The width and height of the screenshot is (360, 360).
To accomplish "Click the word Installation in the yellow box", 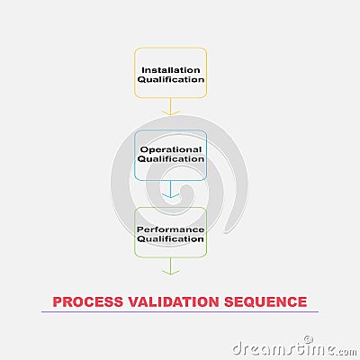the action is pyautogui.click(x=171, y=70).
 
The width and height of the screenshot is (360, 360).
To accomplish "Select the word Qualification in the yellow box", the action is pyautogui.click(x=171, y=79).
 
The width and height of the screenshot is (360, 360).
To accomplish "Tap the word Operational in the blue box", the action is pyautogui.click(x=171, y=149).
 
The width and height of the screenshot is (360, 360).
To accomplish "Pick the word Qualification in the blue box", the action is pyautogui.click(x=171, y=159).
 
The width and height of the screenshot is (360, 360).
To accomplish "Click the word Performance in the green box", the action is pyautogui.click(x=171, y=229).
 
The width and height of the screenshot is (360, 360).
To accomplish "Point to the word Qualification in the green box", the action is pyautogui.click(x=171, y=239).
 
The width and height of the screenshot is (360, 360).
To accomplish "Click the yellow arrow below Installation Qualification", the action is pyautogui.click(x=171, y=106).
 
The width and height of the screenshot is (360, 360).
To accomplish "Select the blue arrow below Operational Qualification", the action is pyautogui.click(x=171, y=189).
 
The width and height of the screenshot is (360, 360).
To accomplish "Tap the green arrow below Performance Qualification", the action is pyautogui.click(x=171, y=266).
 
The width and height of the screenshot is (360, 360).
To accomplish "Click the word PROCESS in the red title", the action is pyautogui.click(x=88, y=301).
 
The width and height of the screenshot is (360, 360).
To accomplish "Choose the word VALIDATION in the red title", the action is pyautogui.click(x=174, y=301).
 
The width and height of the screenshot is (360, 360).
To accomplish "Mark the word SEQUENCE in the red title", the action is pyautogui.click(x=265, y=302).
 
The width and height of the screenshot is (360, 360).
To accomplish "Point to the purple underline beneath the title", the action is pyautogui.click(x=180, y=312).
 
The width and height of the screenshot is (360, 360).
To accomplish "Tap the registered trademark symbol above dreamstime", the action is pyautogui.click(x=307, y=339).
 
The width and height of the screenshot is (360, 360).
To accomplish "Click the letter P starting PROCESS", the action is pyautogui.click(x=57, y=301).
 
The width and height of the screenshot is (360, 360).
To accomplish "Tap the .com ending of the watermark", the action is pyautogui.click(x=347, y=352).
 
